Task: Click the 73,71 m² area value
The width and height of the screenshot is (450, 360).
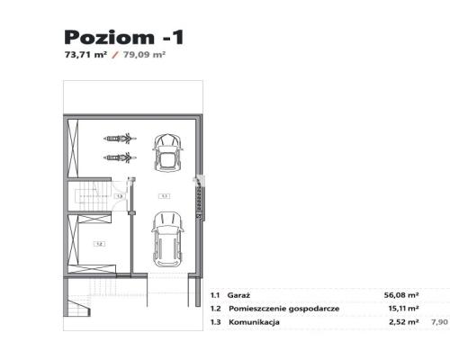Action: (x=85, y=55)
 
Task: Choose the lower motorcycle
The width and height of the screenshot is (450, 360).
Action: (x=119, y=157)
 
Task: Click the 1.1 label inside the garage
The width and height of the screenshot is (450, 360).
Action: (x=164, y=194)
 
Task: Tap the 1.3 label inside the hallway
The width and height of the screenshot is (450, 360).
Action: (x=119, y=195)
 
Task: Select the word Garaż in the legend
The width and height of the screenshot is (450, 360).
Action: (x=239, y=294)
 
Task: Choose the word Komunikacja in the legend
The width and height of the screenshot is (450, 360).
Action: (x=254, y=321)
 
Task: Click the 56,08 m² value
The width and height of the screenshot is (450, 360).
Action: (x=401, y=294)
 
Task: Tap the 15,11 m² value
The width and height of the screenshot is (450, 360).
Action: (x=402, y=308)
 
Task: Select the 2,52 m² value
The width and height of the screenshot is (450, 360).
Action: (x=404, y=321)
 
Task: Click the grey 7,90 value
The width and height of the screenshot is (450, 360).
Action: (x=440, y=321)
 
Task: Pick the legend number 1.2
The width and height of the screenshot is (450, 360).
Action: (x=215, y=308)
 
